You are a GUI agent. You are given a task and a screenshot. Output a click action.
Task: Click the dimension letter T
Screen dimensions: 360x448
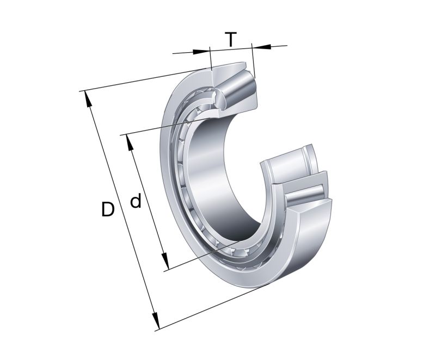[x=231, y=40]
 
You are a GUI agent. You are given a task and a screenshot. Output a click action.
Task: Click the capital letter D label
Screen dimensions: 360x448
[x=108, y=209]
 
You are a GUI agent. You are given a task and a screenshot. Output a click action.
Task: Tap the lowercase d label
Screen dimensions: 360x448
[x=136, y=202]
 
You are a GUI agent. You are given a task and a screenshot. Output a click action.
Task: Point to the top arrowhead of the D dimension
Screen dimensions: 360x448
[x=86, y=97]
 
